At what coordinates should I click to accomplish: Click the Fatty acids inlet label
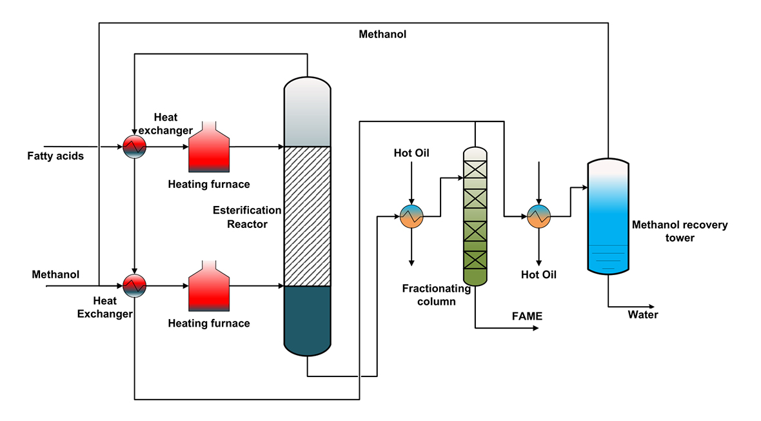(x=55, y=156)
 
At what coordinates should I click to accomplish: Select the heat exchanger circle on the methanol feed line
(x=135, y=284)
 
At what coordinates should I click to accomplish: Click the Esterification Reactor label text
(x=247, y=217)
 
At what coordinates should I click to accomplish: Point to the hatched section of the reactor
(x=308, y=216)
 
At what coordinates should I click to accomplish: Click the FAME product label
(x=527, y=316)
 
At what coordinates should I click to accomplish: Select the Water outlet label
(x=643, y=315)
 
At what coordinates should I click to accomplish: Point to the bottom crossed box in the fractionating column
(x=474, y=260)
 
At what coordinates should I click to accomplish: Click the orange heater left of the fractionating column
(x=411, y=217)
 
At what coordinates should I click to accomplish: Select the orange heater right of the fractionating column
(x=539, y=217)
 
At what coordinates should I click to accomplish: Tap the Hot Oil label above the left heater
(x=411, y=153)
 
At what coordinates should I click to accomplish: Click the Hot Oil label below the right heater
(x=539, y=274)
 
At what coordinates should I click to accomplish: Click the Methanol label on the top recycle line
(x=383, y=34)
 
